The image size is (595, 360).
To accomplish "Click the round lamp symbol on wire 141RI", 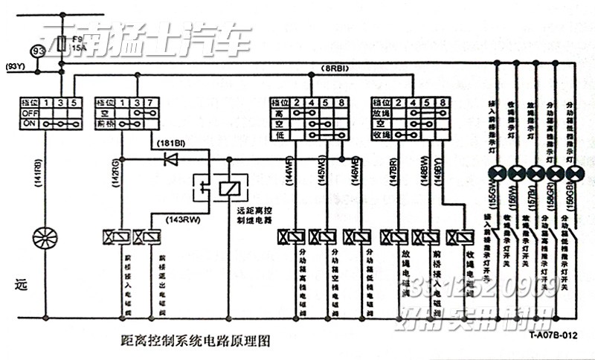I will click(x=45, y=238).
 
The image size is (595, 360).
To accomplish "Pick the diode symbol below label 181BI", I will click(x=170, y=158).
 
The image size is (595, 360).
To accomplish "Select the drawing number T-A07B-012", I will click(x=553, y=335).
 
